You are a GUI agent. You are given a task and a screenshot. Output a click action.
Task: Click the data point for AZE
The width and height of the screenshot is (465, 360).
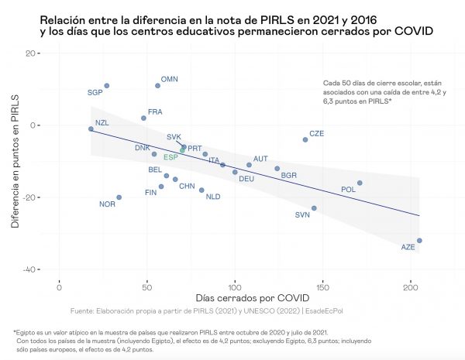pos(419,241)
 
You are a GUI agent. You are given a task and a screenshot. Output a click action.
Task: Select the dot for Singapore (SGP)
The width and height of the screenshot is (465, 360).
pos(107,86)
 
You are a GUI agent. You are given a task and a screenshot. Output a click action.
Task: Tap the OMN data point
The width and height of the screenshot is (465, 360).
pos(158,86)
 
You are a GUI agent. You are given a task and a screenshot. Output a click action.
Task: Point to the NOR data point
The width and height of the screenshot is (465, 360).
pos(119,197)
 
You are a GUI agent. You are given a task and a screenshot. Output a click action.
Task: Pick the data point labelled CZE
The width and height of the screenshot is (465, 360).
pos(305,139)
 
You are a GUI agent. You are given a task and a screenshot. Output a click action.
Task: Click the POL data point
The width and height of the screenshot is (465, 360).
pos(360,183)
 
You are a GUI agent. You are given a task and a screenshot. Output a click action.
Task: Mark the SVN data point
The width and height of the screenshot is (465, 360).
pos(314,208)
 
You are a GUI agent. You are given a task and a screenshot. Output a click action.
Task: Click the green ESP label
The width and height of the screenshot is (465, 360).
pos(170,157)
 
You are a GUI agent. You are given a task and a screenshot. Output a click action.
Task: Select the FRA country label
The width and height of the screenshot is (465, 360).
pos(155,112)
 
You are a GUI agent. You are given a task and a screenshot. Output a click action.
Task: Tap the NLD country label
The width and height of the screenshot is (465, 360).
pos(213,197)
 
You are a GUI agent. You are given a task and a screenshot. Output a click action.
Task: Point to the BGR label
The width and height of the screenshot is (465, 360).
pos(289,176)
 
